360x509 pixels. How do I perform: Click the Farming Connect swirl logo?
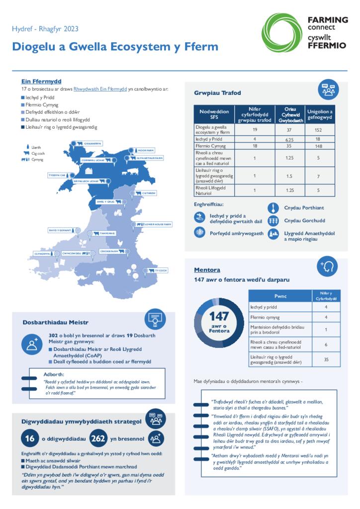tap(281, 32)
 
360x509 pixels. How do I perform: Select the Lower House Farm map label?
tap(158, 224)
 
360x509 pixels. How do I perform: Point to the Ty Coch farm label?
tap(160, 270)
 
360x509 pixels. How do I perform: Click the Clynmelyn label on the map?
tap(42, 254)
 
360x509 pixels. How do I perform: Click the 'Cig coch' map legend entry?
tap(38, 154)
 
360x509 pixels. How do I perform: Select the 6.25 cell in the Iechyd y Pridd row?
tap(291, 139)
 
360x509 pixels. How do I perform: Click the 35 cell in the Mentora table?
tap(326, 359)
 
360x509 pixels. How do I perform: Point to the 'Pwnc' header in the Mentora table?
tap(280, 296)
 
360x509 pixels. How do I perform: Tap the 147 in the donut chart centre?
tap(219, 317)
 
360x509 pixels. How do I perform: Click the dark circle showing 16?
tap(30, 438)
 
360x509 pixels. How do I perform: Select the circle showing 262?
tap(99, 438)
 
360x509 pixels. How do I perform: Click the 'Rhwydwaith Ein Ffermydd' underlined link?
tap(100, 89)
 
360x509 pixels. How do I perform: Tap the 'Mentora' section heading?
tap(207, 270)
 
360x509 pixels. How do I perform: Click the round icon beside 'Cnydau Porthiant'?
tap(273, 208)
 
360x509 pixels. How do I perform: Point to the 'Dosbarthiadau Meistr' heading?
tap(56, 322)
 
